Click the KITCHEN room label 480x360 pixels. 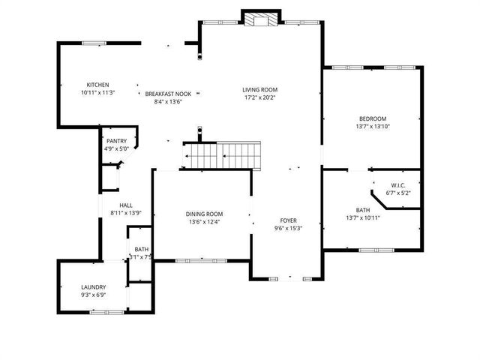click(x=98, y=85)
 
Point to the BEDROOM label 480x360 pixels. click(x=372, y=118)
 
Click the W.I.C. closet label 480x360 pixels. click(x=398, y=185)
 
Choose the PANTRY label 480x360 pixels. click(x=116, y=141)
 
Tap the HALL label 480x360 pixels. click(x=126, y=205)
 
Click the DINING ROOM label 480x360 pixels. click(x=205, y=214)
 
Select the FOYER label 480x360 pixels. click(x=288, y=220)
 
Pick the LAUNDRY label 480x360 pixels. click(x=94, y=287)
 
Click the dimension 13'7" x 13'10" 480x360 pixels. click(x=372, y=126)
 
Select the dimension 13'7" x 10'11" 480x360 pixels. click(x=363, y=217)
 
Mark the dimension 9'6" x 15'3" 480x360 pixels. click(x=288, y=228)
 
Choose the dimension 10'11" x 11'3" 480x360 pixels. click(x=97, y=92)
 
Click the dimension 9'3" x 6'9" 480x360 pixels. click(x=94, y=295)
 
